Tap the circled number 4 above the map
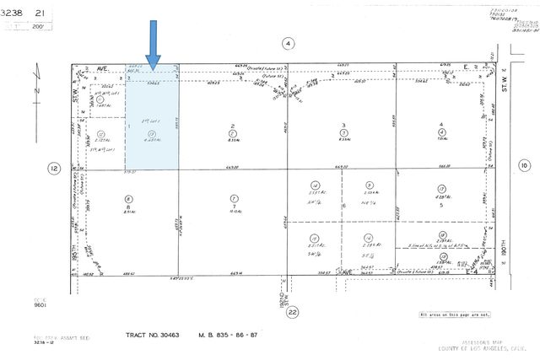click(x=288, y=43)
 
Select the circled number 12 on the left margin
click(x=54, y=169)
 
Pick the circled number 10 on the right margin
click(x=523, y=166)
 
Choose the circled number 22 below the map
click(x=292, y=313)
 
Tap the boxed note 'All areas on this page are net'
click(x=455, y=314)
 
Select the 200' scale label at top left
click(x=37, y=26)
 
